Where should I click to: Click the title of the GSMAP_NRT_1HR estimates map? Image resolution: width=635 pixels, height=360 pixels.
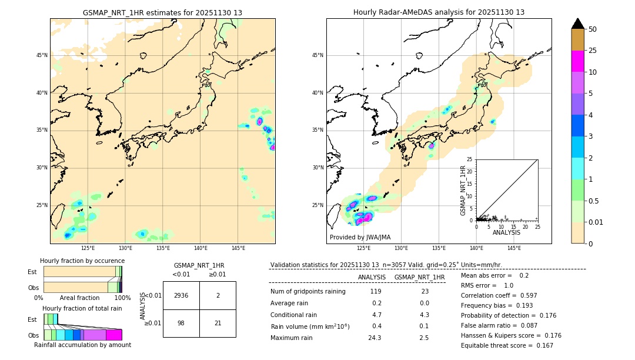(x=162, y=12)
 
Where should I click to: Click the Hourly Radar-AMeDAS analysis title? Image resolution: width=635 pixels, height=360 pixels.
(x=439, y=12)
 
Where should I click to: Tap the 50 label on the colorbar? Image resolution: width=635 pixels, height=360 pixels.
(x=593, y=29)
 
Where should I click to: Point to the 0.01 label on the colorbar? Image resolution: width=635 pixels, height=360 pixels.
(x=596, y=222)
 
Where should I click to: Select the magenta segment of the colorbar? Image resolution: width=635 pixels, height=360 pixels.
(x=577, y=61)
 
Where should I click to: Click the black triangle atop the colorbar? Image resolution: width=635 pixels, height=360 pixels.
(x=577, y=24)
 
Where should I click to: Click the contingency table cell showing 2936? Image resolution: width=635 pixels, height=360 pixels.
(x=181, y=295)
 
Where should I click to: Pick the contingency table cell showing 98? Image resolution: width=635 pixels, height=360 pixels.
(x=181, y=323)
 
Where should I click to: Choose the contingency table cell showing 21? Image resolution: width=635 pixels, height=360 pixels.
(x=218, y=323)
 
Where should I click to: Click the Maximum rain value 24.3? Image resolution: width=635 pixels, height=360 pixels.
(x=375, y=338)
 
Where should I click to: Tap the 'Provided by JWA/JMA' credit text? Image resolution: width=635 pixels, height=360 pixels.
(x=360, y=238)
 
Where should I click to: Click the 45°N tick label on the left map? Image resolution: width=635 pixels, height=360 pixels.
(x=42, y=55)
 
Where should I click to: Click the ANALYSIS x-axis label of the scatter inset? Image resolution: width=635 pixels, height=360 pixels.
(x=506, y=232)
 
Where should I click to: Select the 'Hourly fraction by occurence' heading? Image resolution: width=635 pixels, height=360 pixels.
(x=82, y=261)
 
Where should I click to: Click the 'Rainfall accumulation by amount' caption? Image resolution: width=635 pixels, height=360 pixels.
(x=82, y=345)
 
